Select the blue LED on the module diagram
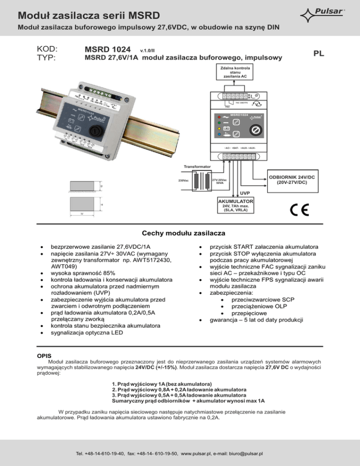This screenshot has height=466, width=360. coord(219,134)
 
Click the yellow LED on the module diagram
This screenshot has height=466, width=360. coord(219,128)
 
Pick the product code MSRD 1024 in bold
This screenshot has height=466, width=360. coord(108,49)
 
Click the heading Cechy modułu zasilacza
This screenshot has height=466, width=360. coord(180,233)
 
